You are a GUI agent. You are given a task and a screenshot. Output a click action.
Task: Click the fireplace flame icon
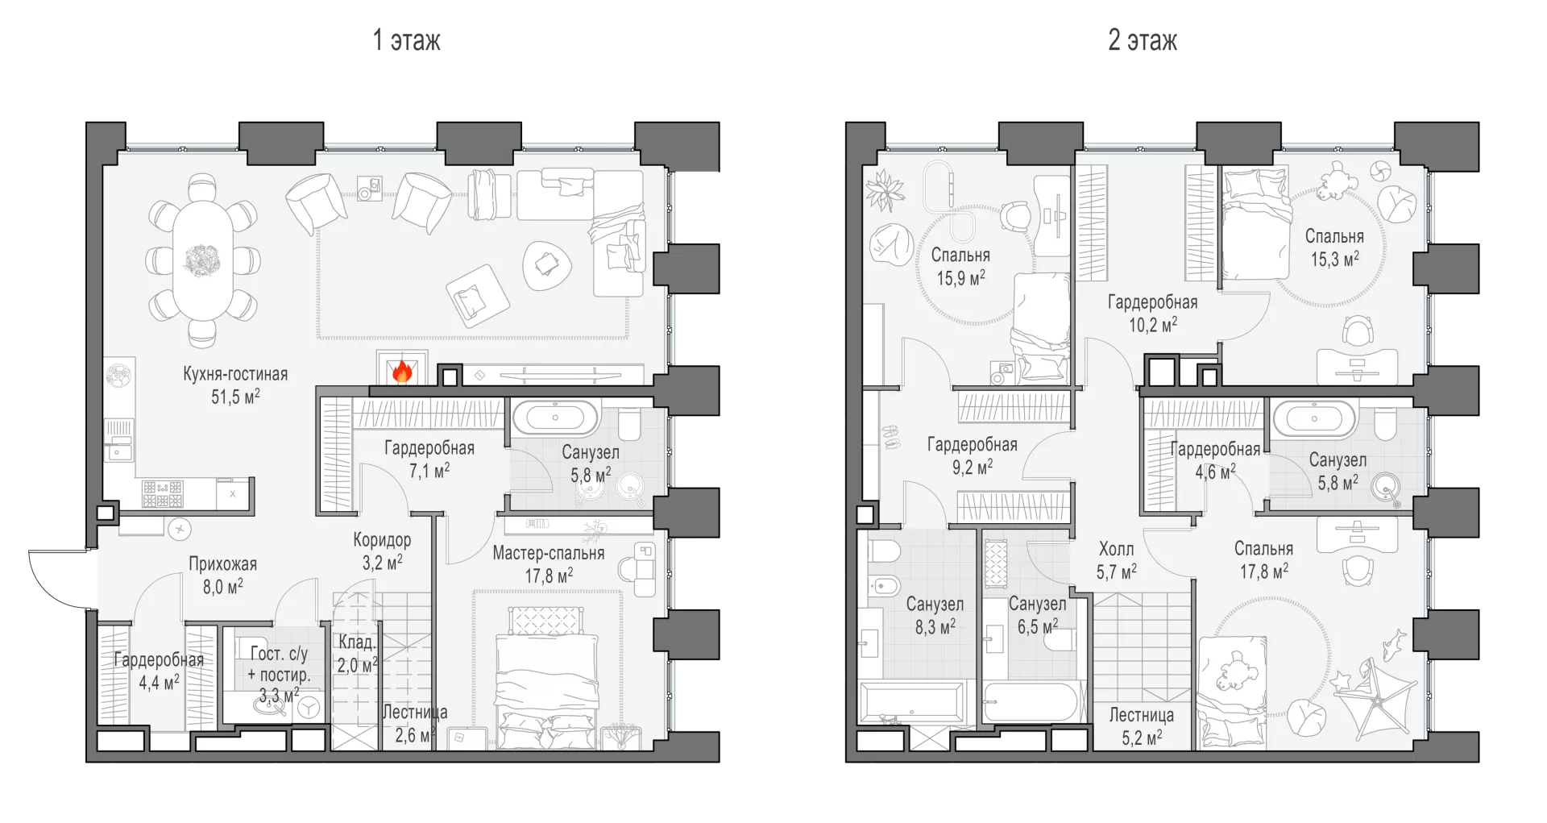tap(402, 372)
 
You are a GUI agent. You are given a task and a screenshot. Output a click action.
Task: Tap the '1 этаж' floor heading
tap(406, 40)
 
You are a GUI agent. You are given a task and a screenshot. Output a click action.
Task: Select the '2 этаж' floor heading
tap(1143, 40)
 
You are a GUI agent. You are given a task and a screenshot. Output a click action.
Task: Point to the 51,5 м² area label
tap(235, 397)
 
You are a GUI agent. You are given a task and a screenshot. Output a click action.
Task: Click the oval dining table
tap(202, 261)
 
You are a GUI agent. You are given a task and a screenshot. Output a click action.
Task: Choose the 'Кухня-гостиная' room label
tap(235, 374)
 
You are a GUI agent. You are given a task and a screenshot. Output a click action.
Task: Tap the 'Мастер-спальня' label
tap(549, 554)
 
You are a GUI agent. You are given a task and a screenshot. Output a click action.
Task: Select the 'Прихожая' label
tap(223, 564)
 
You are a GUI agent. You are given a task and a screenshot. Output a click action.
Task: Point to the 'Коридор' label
tap(382, 540)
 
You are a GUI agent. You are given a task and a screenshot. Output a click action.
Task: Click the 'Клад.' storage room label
tap(356, 642)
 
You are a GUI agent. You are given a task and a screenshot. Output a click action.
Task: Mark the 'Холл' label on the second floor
tap(1116, 550)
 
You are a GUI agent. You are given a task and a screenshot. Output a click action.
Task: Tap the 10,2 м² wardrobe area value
tap(1153, 325)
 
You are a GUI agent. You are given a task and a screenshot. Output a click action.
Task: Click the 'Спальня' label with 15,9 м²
tap(960, 256)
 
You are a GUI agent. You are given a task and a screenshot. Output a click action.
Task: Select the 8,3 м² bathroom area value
tap(935, 627)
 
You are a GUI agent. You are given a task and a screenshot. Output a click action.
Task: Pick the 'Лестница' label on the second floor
tap(1141, 715)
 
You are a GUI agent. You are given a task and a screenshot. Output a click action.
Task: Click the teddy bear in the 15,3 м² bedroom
tap(1337, 181)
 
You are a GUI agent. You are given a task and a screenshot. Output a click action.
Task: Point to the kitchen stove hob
tap(162, 494)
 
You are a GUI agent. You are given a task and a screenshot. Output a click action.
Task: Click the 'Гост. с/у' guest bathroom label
tap(279, 654)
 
